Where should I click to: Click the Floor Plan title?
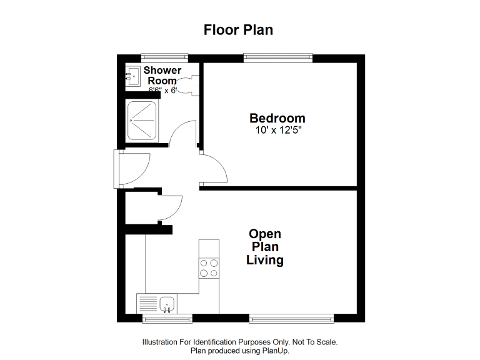238,30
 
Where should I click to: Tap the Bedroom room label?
277,118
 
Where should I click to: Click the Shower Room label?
162,76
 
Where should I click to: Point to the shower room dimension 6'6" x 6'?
162,90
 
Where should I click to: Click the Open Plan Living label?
265,247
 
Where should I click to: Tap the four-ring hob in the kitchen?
209,267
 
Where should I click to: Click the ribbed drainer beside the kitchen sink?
149,304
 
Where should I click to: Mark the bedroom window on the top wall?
277,58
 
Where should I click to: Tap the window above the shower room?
164,58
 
